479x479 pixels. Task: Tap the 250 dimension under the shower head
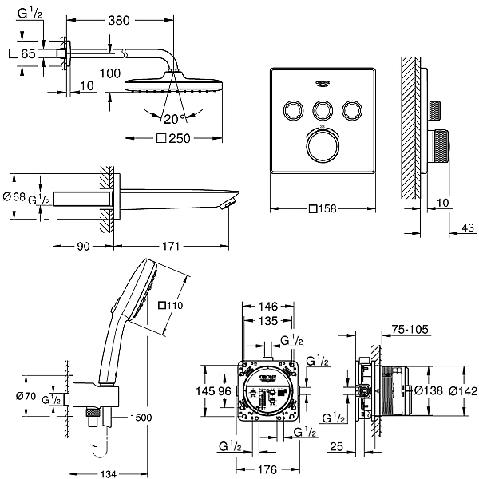(177, 138)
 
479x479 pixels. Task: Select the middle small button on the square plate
(323, 109)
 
